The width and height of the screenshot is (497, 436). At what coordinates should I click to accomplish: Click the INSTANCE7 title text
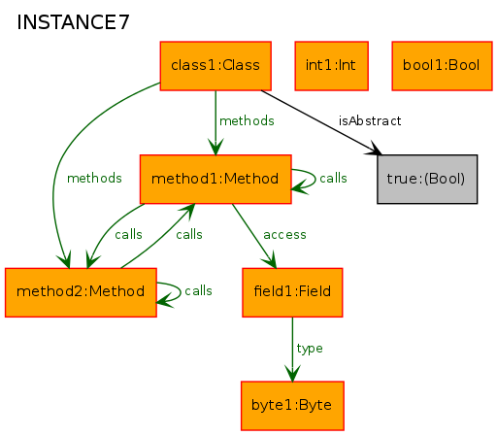coord(73,22)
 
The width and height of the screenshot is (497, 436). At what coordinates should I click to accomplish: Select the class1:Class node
coord(215,66)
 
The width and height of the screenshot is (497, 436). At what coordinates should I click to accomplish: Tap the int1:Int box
coord(331,66)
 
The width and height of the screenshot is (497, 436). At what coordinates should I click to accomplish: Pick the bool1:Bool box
coord(442,66)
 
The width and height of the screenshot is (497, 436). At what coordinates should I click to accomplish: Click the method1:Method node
coord(215,180)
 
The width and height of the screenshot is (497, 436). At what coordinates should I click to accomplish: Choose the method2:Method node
coord(81,292)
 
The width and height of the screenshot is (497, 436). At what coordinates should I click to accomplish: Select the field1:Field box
coord(292,292)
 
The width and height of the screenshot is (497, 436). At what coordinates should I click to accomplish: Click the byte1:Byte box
coord(292,406)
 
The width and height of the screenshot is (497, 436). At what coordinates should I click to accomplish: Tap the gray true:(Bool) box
coord(427,180)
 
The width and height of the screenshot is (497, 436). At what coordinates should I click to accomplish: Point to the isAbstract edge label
coord(370,121)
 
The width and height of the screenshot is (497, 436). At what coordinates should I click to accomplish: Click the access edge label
coord(284,235)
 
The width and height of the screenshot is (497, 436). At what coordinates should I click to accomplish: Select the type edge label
coord(310,349)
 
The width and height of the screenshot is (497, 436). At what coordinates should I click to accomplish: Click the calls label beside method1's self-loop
coord(333,179)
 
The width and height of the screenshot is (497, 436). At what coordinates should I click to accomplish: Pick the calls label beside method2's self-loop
coord(198,291)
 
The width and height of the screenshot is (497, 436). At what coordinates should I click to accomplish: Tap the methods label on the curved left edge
coord(94,179)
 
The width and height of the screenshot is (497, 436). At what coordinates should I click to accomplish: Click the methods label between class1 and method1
coord(247,121)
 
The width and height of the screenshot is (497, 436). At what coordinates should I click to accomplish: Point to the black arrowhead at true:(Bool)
coord(374,149)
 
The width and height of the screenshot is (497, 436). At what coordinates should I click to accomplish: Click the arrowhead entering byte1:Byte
coord(292,374)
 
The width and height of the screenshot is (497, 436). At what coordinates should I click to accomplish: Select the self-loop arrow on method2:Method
coord(181,292)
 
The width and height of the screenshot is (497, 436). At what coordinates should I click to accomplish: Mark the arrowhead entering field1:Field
coord(271,260)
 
